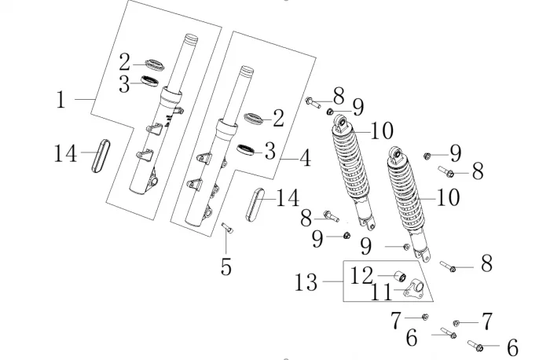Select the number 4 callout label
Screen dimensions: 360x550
point(303,160)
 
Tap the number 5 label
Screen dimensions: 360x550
point(225,267)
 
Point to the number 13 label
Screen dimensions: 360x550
point(307,281)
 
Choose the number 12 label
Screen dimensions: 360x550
point(361,276)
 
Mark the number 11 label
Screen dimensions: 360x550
point(381,292)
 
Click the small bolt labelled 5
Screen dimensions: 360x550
point(227,228)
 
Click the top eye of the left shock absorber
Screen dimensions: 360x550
point(341,123)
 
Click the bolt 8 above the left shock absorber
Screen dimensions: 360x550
point(314,101)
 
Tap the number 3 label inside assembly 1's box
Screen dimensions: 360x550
point(124,85)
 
